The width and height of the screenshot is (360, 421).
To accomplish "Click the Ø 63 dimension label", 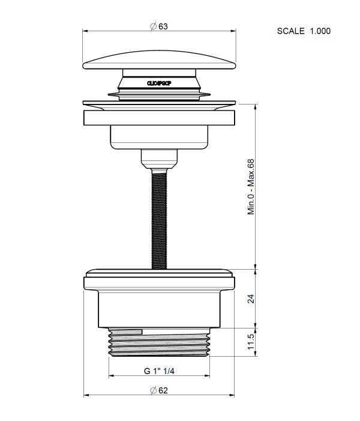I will pyautogui.click(x=158, y=26).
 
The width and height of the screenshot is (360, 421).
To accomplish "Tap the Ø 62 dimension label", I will pyautogui.click(x=158, y=390).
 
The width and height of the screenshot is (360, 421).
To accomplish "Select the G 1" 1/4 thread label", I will pyautogui.click(x=159, y=371).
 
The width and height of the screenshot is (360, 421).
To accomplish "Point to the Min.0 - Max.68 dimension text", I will pyautogui.click(x=251, y=187).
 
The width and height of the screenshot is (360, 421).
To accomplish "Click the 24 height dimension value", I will pyautogui.click(x=251, y=298).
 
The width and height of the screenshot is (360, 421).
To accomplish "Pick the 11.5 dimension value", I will pyautogui.click(x=251, y=342).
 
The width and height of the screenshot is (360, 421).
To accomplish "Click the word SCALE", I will pyautogui.click(x=290, y=31).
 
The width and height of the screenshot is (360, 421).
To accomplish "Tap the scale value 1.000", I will pyautogui.click(x=320, y=31).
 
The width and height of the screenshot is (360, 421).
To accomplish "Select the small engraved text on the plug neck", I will pyautogui.click(x=159, y=85).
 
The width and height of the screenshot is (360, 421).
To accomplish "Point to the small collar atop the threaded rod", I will pyautogui.click(x=159, y=158).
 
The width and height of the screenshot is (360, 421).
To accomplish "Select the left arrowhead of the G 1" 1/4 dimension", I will pyautogui.click(x=111, y=377).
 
